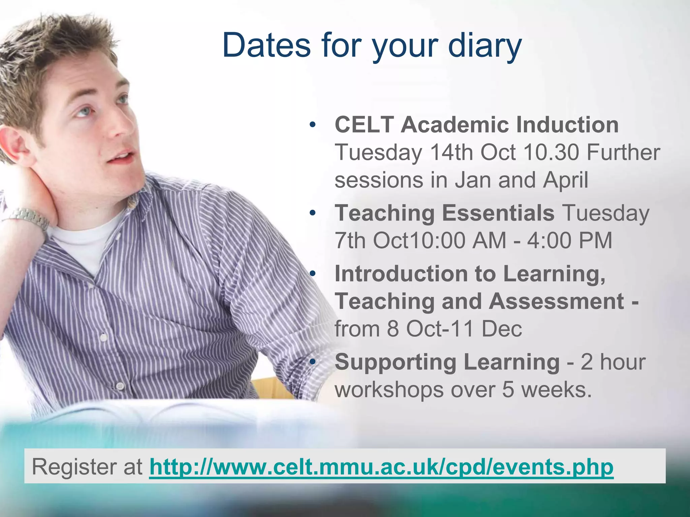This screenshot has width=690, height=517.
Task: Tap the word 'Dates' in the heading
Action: pyautogui.click(x=266, y=45)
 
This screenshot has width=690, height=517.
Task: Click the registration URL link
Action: pyautogui.click(x=381, y=467)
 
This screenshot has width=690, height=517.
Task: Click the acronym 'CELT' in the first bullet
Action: pyautogui.click(x=364, y=125)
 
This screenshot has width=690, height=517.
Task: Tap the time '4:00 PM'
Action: pyautogui.click(x=569, y=240)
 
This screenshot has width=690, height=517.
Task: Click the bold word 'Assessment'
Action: pyautogui.click(x=556, y=301)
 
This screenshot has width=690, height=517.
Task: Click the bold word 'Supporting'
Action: pyautogui.click(x=396, y=362)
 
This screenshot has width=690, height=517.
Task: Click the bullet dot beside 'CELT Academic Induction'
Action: pyautogui.click(x=313, y=125)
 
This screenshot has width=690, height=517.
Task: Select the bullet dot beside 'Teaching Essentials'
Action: pyautogui.click(x=313, y=213)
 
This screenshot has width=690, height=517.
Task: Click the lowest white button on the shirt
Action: pyautogui.click(x=120, y=386)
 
